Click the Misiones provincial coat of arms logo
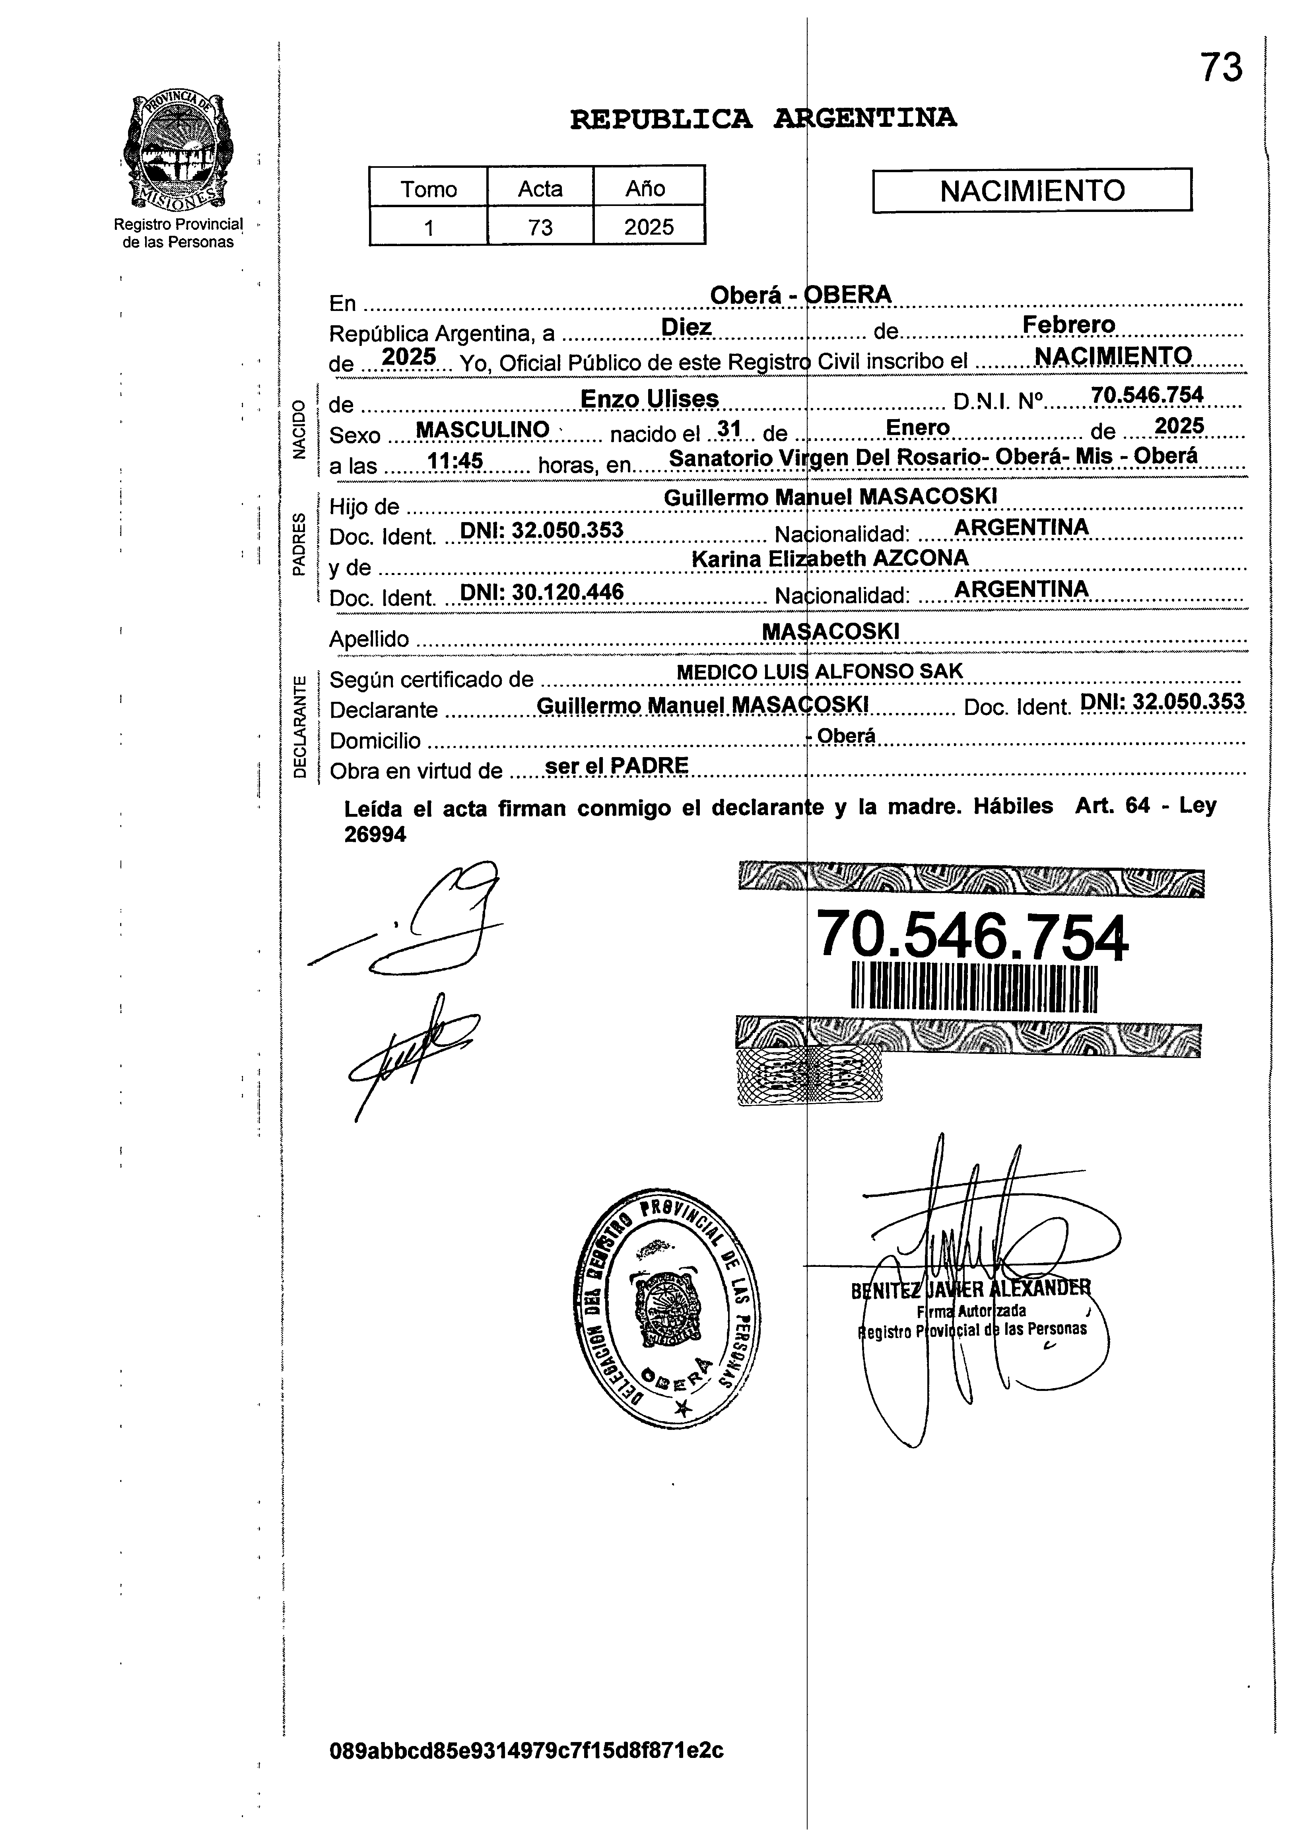175,151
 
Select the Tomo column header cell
428,188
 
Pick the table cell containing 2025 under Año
649,227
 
